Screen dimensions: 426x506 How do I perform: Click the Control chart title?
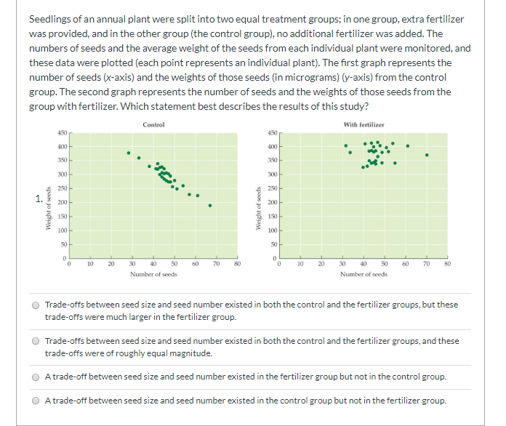153,125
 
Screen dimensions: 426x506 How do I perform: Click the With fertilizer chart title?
364,125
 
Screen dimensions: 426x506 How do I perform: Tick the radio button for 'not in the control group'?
34,377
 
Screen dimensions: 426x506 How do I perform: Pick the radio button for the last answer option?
34,401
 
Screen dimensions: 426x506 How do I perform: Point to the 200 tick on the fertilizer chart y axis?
271,202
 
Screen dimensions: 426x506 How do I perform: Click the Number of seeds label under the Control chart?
153,274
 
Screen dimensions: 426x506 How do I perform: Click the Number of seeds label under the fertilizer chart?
364,274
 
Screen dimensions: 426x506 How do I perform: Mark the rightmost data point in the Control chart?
210,205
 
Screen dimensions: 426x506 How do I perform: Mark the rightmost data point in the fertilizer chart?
427,155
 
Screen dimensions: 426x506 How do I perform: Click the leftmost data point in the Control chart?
129,153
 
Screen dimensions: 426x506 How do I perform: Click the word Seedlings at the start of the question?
50,18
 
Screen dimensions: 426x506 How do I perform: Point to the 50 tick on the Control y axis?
63,244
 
